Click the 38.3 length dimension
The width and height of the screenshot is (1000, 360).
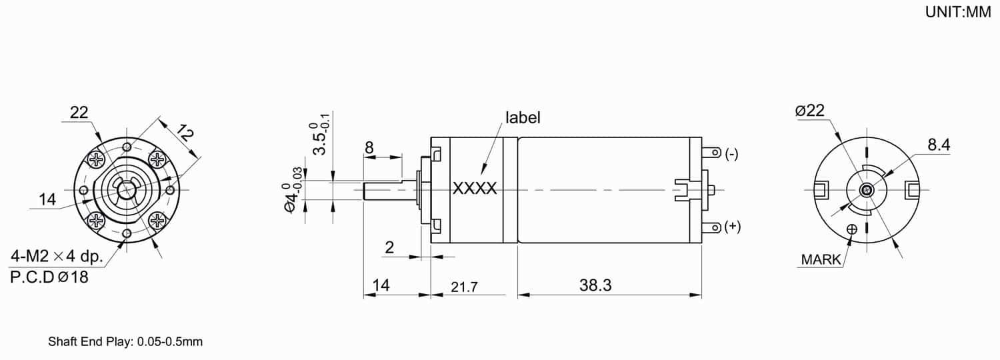pyautogui.click(x=595, y=286)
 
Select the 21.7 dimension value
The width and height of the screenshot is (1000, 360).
pyautogui.click(x=464, y=287)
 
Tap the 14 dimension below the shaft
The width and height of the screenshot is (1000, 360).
pyautogui.click(x=381, y=286)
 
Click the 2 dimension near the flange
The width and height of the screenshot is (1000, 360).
pyautogui.click(x=389, y=247)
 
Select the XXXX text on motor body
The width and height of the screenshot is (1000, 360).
pyautogui.click(x=475, y=189)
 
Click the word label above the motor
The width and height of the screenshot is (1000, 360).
pyautogui.click(x=523, y=118)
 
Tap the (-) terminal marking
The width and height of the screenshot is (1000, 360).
pyautogui.click(x=731, y=154)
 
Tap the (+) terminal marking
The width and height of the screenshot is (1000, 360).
pyautogui.click(x=732, y=227)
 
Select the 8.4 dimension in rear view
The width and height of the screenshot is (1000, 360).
pyautogui.click(x=939, y=145)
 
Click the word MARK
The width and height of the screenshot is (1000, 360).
pyautogui.click(x=821, y=260)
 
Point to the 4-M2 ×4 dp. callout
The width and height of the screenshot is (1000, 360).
pyautogui.click(x=57, y=256)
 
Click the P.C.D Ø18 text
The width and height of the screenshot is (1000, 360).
pyautogui.click(x=49, y=277)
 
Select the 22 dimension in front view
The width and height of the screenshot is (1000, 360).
pyautogui.click(x=79, y=113)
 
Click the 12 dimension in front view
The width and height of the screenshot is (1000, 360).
pyautogui.click(x=185, y=134)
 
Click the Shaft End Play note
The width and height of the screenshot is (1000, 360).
pyautogui.click(x=125, y=342)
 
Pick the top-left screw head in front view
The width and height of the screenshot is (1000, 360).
pyautogui.click(x=97, y=159)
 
